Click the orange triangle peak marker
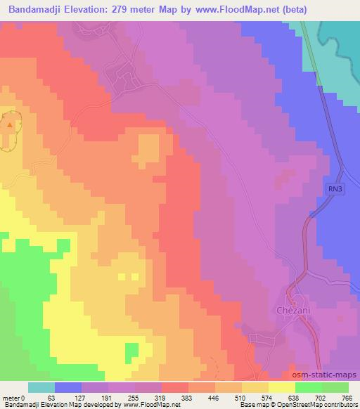(9, 125)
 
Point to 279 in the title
(140, 8)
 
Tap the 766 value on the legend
(345, 397)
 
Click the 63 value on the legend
(51, 397)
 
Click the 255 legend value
(131, 397)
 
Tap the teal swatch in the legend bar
(41, 387)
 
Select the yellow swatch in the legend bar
(281, 387)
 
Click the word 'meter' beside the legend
(12, 397)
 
